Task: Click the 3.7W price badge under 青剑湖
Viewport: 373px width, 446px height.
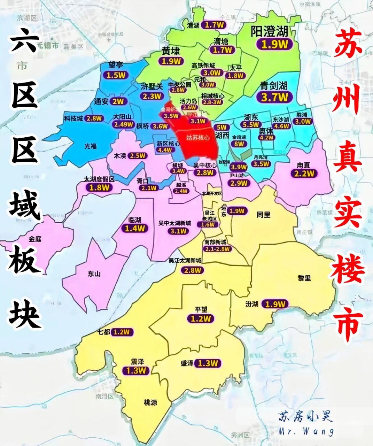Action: (x=274, y=97)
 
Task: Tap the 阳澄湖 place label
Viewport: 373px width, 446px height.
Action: (x=269, y=32)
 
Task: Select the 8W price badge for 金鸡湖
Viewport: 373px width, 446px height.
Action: (x=239, y=144)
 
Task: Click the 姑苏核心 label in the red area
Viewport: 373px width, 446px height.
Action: (x=198, y=137)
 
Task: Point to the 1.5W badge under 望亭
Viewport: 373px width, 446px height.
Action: (x=115, y=75)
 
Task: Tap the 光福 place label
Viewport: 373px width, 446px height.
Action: (x=91, y=146)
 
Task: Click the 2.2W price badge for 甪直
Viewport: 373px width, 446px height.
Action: (x=304, y=173)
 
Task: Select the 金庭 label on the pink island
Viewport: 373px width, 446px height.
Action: (x=35, y=239)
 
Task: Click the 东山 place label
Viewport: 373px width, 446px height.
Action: (x=94, y=274)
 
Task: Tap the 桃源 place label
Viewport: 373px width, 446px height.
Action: (x=150, y=403)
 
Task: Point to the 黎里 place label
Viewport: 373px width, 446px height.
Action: (x=304, y=278)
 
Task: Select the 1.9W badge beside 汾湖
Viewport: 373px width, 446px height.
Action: (x=275, y=304)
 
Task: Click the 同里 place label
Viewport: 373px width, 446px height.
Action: (x=263, y=215)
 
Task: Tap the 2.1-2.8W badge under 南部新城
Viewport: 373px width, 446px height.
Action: (x=217, y=249)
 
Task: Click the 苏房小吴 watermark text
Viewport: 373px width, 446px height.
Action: (x=305, y=416)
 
